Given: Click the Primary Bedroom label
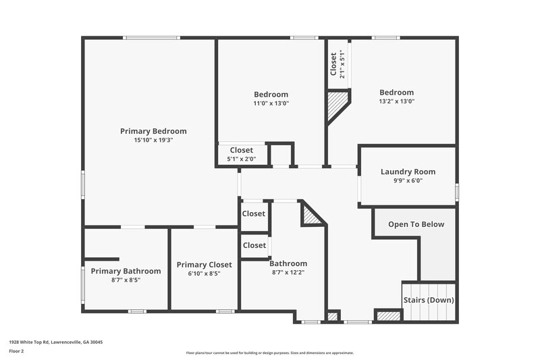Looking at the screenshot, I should (153, 131).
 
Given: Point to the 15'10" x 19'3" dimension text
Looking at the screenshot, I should (153, 140).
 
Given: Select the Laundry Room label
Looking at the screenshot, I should (408, 172).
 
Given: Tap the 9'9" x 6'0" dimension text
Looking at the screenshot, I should (408, 181).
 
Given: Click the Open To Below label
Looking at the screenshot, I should (416, 224).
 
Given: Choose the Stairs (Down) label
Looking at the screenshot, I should (429, 300).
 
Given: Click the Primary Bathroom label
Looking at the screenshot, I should (126, 271).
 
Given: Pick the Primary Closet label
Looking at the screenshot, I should (204, 265).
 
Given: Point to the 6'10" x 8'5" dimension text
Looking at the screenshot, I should (204, 274).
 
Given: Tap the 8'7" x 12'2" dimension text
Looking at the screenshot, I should (288, 273).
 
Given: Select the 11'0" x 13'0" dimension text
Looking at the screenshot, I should (271, 103).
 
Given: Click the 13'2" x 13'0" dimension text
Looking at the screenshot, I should (396, 101).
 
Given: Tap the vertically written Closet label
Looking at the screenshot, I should (333, 64).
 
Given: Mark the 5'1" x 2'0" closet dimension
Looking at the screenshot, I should (241, 159).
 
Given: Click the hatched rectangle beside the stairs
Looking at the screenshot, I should (387, 315).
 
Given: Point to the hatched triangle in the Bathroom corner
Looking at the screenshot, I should (310, 215).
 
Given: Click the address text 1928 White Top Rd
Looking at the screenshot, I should (55, 342).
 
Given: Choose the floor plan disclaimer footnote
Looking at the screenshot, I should (269, 353).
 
